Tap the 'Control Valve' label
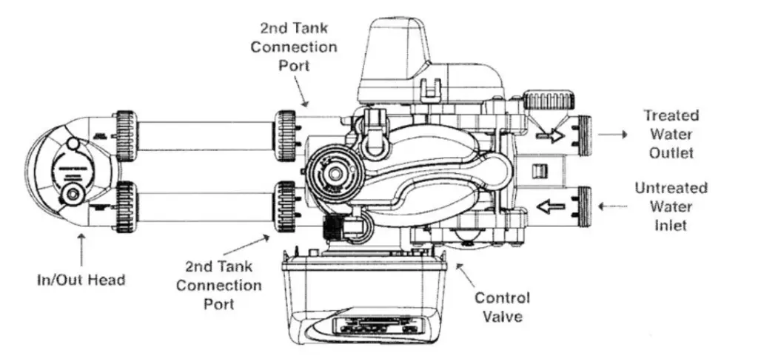coord(503,308)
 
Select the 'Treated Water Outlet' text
coord(670,134)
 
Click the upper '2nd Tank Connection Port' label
coord(293,46)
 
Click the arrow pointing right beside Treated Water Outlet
coord(613,135)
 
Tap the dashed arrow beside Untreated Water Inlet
coord(612,206)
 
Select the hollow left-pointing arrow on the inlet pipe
coord(551,206)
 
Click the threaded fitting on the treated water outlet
coord(583,136)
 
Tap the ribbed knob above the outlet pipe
coord(548,100)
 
